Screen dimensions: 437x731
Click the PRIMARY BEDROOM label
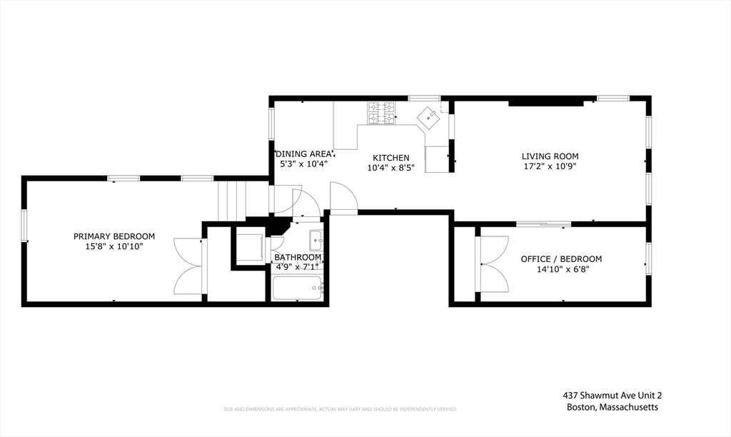coord(114,236)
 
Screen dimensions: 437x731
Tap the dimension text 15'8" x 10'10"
coord(114,246)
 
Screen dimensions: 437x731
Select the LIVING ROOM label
coord(550,156)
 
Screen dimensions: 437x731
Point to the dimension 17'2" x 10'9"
coord(550,166)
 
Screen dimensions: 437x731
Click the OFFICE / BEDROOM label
coord(561,259)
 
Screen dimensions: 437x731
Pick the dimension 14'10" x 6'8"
coord(561,269)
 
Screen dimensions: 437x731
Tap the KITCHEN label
coord(391,158)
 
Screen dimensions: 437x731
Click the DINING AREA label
coord(304,154)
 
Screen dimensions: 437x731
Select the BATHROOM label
coord(298,257)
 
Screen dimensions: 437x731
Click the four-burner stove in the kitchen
coord(381,112)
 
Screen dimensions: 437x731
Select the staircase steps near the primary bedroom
coord(231,201)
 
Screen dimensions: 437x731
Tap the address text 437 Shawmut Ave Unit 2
coord(617,395)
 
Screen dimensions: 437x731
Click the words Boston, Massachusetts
coord(612,407)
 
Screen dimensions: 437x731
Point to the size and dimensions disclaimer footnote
coord(340,409)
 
